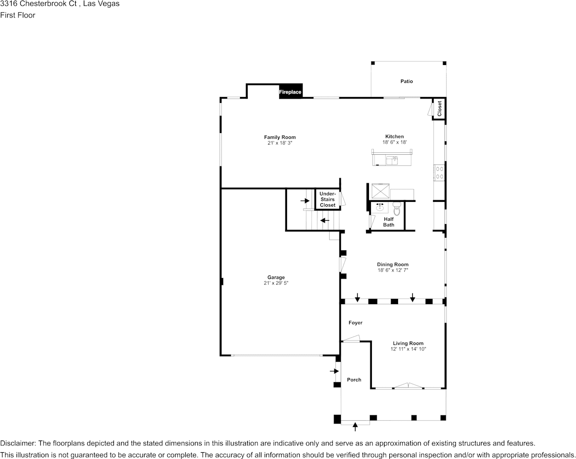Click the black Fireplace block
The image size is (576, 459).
click(x=290, y=92)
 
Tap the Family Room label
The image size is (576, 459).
click(x=280, y=137)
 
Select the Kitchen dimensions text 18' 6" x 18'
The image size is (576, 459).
click(x=395, y=142)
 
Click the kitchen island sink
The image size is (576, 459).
click(x=392, y=161)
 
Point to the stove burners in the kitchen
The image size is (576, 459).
click(x=439, y=172)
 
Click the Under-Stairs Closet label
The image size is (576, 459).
click(x=328, y=199)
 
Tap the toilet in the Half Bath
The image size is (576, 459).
click(x=397, y=208)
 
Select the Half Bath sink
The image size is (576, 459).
click(x=380, y=208)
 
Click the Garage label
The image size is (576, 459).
click(x=276, y=278)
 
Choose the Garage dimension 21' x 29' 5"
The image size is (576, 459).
click(x=276, y=283)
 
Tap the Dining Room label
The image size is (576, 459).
click(x=393, y=264)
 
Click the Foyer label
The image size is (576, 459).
click(x=355, y=323)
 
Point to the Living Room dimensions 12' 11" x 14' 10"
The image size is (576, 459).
click(x=408, y=349)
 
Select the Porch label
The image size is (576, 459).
click(x=354, y=379)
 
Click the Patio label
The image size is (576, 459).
click(x=407, y=81)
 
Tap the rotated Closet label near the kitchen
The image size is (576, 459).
click(x=439, y=108)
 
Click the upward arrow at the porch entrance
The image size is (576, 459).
click(x=355, y=427)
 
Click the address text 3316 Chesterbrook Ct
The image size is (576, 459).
click(x=38, y=4)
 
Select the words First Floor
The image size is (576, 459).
click(x=17, y=15)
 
